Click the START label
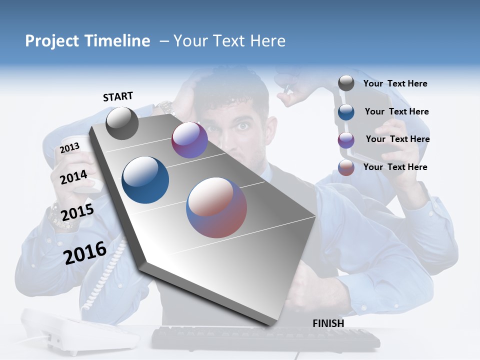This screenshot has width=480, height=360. [118, 96]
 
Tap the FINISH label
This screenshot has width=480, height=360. [328, 323]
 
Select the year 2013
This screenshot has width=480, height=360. [69, 148]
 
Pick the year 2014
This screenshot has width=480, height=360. [73, 177]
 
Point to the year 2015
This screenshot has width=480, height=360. [77, 212]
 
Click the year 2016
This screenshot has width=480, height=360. [85, 253]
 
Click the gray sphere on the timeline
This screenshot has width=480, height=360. [122, 123]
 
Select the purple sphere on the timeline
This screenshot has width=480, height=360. [189, 140]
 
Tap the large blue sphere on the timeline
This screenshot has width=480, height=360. [145, 180]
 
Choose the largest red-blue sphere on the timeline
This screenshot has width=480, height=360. [216, 207]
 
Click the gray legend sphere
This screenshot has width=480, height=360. [346, 83]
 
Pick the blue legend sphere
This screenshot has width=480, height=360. [346, 112]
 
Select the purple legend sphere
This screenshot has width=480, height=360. [346, 140]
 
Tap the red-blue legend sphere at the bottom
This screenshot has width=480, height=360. [346, 167]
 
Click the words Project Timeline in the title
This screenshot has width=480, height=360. [87, 41]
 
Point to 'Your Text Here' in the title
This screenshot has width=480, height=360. [229, 41]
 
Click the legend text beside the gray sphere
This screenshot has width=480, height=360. [395, 83]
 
